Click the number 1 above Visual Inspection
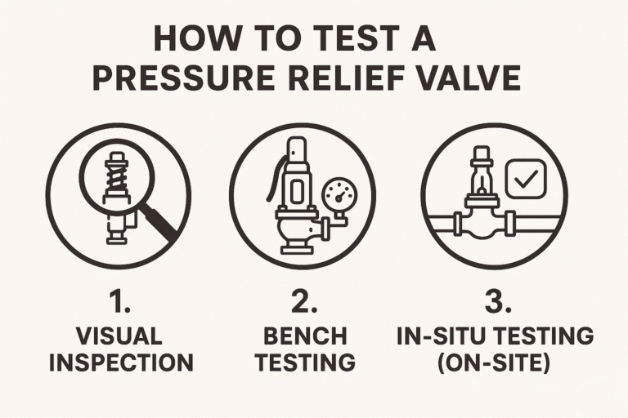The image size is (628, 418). (119, 301)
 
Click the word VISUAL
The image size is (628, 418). (119, 336)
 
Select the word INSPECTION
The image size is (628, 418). (119, 362)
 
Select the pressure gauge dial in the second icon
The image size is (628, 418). (339, 196)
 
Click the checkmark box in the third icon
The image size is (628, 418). (525, 178)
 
